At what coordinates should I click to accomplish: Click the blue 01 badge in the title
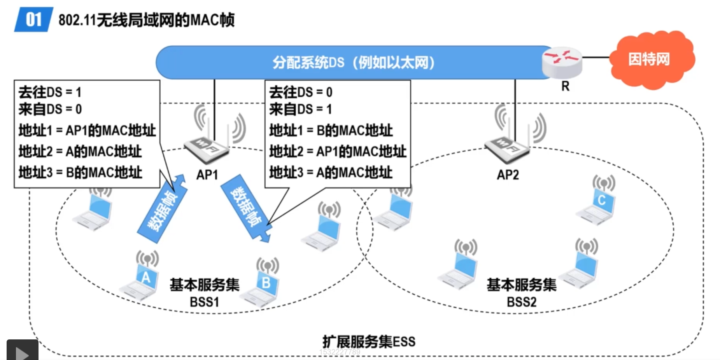click(x=33, y=19)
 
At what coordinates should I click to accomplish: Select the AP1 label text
click(x=207, y=175)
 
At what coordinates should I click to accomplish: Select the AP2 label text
click(x=508, y=175)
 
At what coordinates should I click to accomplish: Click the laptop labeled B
click(x=263, y=286)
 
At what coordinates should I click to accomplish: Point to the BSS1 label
click(x=204, y=302)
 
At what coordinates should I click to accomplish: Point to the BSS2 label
click(x=521, y=302)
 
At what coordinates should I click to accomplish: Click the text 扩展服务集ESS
click(x=369, y=342)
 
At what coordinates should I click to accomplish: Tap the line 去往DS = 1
click(x=50, y=92)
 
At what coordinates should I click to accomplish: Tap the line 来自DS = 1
click(x=300, y=109)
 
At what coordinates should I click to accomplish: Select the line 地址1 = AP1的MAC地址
click(x=87, y=130)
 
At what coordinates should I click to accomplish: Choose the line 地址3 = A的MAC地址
click(x=331, y=172)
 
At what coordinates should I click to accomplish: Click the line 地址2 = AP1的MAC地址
click(x=338, y=151)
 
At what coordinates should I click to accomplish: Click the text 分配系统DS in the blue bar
click(x=308, y=63)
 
